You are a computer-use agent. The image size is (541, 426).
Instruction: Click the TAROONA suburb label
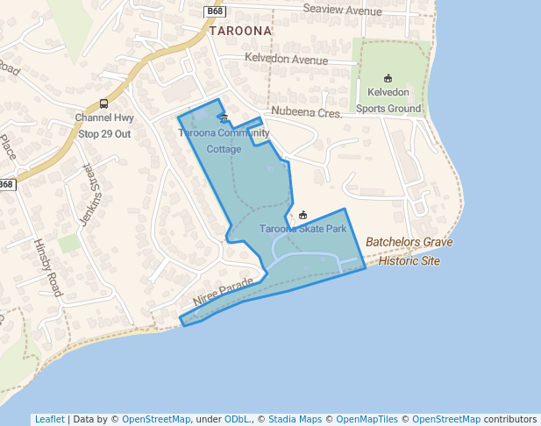(240, 30)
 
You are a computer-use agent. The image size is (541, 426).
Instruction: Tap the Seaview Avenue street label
(342, 10)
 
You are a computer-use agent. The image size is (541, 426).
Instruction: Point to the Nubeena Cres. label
(306, 112)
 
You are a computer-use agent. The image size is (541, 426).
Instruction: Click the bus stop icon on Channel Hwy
(104, 103)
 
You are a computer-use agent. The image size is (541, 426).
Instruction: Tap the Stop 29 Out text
(104, 134)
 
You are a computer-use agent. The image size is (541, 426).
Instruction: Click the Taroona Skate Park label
(303, 229)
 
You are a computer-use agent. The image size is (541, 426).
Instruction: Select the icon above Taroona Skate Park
(303, 216)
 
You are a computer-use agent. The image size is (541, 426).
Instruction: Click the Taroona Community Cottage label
(224, 141)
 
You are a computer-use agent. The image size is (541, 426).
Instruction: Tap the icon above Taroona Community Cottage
(224, 119)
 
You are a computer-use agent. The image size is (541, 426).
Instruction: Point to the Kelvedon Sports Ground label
(388, 100)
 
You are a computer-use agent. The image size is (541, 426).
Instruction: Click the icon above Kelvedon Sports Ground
(388, 78)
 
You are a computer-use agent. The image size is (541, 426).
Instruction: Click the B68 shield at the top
(216, 11)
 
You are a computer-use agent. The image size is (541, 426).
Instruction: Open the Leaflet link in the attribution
(49, 419)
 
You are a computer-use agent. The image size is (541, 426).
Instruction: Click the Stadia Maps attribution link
(295, 419)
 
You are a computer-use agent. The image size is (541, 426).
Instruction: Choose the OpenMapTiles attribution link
(367, 419)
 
